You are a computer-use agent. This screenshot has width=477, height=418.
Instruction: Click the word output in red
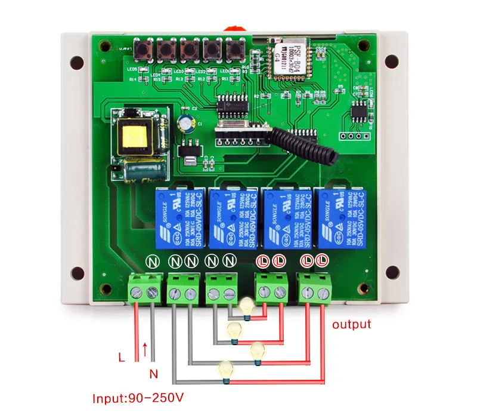[351, 325]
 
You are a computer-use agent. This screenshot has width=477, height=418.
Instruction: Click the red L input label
[122, 358]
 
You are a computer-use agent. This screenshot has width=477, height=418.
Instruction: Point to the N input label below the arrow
[153, 374]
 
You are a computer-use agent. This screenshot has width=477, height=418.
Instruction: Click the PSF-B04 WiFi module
[287, 60]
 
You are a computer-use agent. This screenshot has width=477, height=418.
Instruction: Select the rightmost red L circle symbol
[323, 261]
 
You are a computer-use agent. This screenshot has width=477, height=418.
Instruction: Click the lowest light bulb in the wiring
[225, 370]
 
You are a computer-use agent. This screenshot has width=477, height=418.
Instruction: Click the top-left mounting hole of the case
[76, 62]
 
